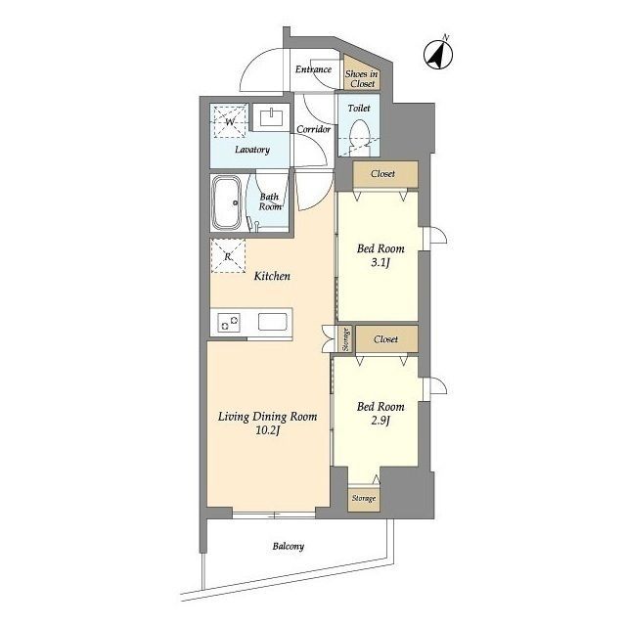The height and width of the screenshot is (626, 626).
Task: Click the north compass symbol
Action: (438, 54)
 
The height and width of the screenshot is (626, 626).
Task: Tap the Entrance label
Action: (313, 69)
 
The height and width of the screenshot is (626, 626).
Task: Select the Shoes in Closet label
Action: (362, 78)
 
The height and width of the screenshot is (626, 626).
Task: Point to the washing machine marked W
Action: (230, 121)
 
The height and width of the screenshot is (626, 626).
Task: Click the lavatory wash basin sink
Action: (272, 117)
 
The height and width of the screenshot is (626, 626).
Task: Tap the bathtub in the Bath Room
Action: (226, 202)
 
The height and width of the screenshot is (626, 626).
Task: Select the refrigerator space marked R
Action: (228, 256)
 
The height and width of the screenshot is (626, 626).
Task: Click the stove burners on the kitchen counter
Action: (229, 322)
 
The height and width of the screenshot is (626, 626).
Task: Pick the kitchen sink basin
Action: (272, 322)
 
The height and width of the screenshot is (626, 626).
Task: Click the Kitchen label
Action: (272, 276)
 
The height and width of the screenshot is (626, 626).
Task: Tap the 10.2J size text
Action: (267, 430)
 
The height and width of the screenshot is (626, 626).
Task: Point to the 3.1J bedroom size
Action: (380, 263)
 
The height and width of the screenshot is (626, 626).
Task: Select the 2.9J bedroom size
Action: (380, 421)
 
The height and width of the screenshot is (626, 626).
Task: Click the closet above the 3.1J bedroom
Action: (384, 174)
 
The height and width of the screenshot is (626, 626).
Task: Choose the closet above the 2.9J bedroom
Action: (386, 339)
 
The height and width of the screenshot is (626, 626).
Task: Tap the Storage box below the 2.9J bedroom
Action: (364, 499)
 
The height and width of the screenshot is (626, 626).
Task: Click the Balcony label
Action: (289, 546)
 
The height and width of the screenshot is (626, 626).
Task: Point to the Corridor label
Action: (313, 129)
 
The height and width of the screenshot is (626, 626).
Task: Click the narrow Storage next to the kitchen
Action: (345, 339)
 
